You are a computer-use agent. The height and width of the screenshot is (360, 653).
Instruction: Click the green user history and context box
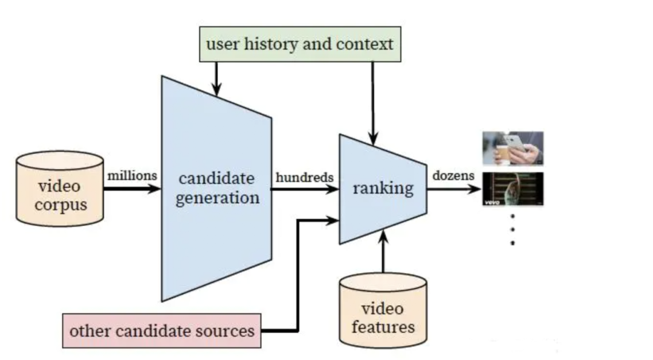(301, 44)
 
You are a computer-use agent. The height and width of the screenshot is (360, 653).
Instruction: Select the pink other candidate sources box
(161, 331)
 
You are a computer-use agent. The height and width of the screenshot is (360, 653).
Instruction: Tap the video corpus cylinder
(60, 189)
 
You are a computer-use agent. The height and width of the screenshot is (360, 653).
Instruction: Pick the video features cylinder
(383, 310)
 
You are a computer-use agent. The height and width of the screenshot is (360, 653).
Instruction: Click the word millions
(132, 176)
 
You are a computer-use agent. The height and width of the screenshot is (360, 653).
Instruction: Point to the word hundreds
(304, 177)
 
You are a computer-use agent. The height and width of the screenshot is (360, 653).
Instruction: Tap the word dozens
(453, 176)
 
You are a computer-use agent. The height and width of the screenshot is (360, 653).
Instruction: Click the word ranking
(383, 188)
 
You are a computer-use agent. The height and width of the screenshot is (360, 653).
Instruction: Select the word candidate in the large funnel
(216, 178)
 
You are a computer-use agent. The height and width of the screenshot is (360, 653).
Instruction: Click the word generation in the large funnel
(218, 198)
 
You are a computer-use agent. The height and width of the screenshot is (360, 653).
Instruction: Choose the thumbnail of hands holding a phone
(513, 148)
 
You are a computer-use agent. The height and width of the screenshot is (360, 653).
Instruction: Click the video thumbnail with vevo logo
(513, 189)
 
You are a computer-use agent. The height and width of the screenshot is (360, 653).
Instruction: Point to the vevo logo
(492, 203)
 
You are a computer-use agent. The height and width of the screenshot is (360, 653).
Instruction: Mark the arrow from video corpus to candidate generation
(132, 189)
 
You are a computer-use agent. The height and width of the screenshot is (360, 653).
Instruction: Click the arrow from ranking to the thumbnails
(454, 189)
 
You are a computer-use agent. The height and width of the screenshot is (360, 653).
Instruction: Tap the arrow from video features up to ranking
(383, 251)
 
